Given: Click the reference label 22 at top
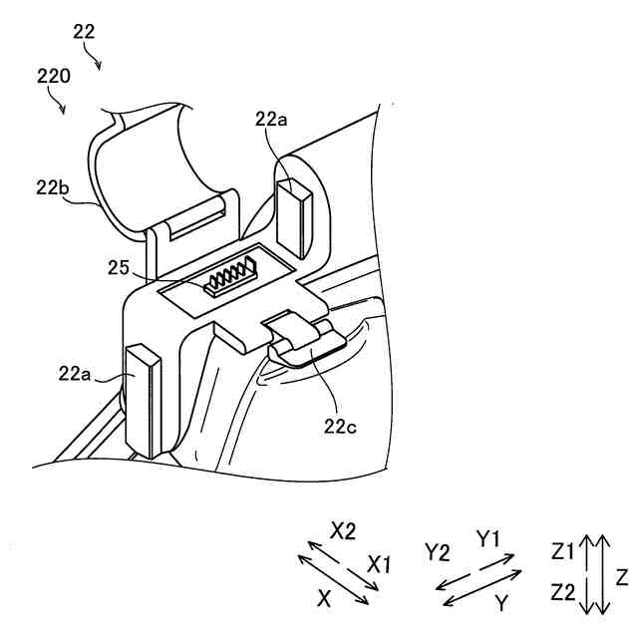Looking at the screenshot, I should [85, 31].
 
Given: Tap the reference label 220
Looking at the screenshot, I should [52, 74].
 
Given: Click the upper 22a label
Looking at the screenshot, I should [272, 120].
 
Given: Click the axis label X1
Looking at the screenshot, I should [380, 564].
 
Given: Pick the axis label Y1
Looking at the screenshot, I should [489, 541].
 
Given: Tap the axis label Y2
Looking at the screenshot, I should [440, 551].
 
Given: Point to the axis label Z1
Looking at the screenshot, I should [563, 550].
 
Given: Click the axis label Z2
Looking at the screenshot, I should [563, 593].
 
